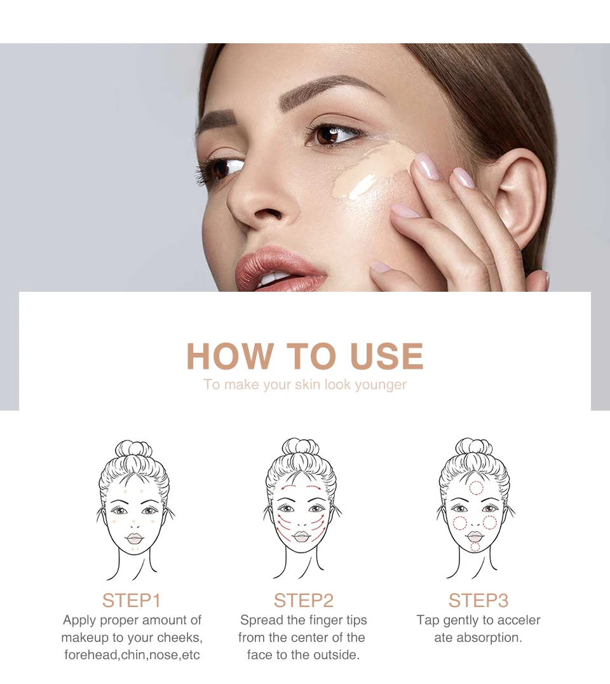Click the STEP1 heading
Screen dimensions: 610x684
point(132,600)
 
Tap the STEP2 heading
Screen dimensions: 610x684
point(304,600)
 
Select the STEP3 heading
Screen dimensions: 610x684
point(478,600)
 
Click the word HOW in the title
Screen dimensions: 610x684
point(230,356)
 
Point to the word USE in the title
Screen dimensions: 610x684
point(386,356)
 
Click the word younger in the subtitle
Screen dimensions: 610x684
point(381,385)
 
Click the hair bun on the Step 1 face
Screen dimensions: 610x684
point(133,449)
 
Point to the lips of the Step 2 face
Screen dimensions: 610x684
point(301,536)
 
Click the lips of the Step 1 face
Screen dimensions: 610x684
point(134,538)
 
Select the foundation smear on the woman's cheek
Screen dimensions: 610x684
point(370,170)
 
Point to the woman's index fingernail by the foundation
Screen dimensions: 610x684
point(426,166)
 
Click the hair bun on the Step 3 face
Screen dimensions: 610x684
point(474,448)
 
